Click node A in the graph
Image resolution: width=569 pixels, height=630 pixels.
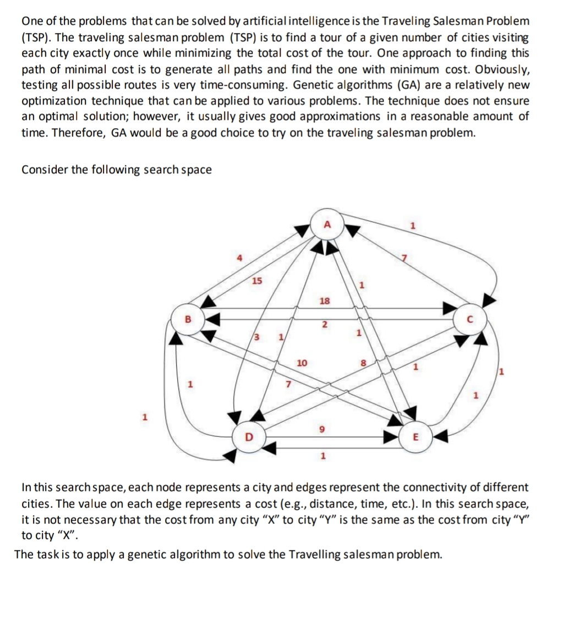coord(327,225)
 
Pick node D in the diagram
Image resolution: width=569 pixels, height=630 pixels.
coord(248,438)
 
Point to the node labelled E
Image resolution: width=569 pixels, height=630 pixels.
coord(415,438)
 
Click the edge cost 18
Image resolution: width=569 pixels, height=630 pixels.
coord(325,300)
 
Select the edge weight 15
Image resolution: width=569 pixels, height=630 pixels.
coord(256,282)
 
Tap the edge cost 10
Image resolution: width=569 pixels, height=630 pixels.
coord(302,363)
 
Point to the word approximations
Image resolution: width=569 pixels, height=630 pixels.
coord(344,117)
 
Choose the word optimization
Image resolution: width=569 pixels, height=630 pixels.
coord(52,101)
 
